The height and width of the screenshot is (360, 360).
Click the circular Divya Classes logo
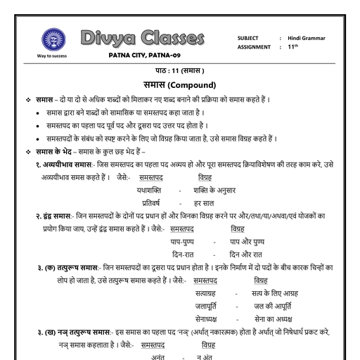tap(51, 38)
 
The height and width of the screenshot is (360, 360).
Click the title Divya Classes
tap(143, 37)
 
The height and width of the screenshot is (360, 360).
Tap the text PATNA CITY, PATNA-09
tap(145, 56)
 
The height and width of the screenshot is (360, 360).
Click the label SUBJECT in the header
tap(248, 38)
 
